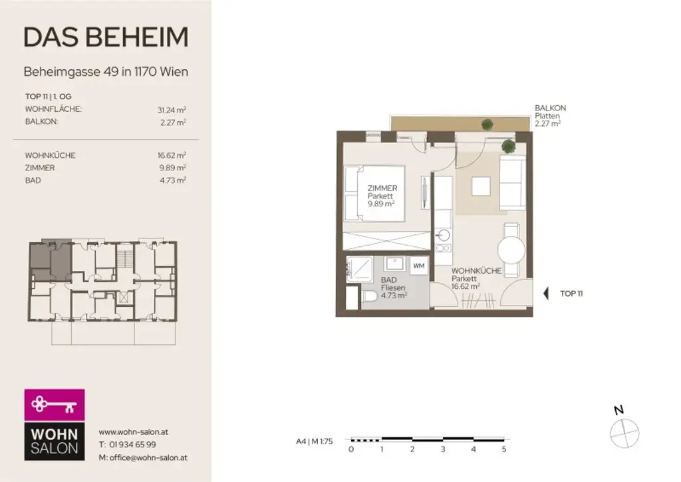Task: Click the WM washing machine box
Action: [419, 266]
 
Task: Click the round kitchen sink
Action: [444, 234]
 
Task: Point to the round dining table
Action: [511, 251]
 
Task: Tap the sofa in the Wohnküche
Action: [513, 180]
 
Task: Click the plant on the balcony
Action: [487, 124]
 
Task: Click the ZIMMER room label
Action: [382, 188]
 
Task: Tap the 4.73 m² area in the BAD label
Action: [393, 295]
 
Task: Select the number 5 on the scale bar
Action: [504, 449]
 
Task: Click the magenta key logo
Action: [55, 404]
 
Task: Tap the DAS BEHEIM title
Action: [106, 38]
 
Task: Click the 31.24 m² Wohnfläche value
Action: [172, 109]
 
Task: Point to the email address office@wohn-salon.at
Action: [142, 457]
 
